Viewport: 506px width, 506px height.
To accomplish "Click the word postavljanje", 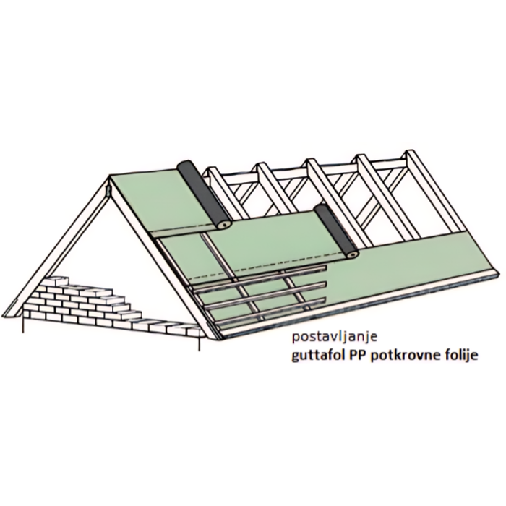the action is tap(335, 338).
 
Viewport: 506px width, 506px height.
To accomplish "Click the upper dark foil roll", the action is tap(205, 194).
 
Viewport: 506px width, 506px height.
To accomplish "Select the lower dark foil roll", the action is tap(336, 231).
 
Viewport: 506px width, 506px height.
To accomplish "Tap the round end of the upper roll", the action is tap(225, 224).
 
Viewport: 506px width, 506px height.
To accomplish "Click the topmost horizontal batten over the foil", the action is tap(258, 277).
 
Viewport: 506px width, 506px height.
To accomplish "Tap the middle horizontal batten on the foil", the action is tap(264, 295).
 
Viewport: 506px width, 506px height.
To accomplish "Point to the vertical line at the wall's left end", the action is tap(23, 325).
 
